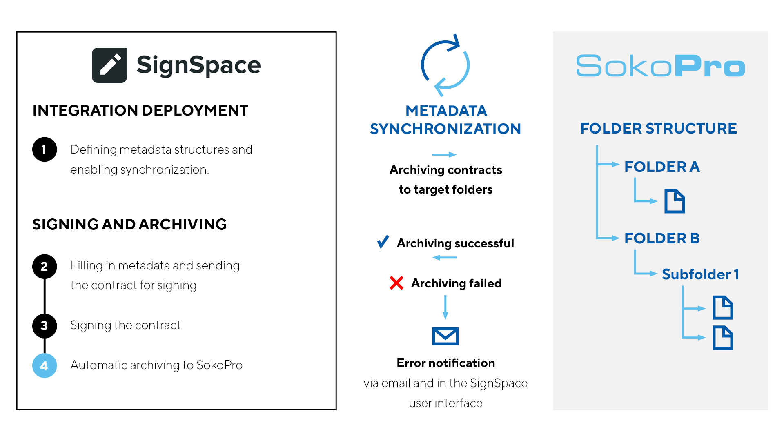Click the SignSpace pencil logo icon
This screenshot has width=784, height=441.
[109, 65]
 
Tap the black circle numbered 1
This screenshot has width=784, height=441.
[45, 149]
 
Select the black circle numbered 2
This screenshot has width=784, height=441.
[45, 266]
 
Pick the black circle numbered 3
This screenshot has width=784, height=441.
[45, 326]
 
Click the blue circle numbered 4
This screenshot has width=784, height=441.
[45, 365]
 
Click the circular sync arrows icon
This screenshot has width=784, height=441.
[445, 65]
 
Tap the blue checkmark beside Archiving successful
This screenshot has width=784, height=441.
[383, 242]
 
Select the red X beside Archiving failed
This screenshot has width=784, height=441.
[396, 283]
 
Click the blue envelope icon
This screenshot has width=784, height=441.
[445, 336]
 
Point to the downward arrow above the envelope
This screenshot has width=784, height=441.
[445, 307]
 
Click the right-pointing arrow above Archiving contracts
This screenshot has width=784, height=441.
[444, 154]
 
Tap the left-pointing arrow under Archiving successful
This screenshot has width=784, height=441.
[444, 258]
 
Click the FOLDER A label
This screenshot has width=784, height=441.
[662, 167]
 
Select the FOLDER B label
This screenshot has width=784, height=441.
[662, 238]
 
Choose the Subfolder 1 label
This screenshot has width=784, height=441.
[700, 274]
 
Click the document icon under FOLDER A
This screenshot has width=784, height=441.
[675, 201]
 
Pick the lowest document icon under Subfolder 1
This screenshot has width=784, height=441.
[723, 338]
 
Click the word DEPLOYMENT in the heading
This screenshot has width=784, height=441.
[195, 110]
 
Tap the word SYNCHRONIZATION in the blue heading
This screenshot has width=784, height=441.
[445, 129]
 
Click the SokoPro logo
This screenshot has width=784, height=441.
[660, 66]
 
